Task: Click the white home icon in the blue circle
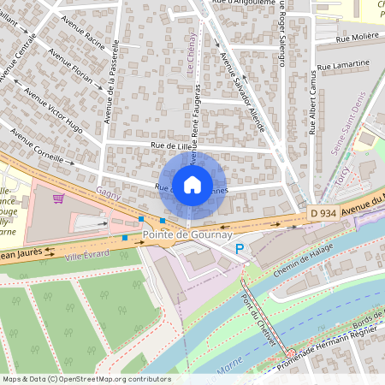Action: tap(192, 184)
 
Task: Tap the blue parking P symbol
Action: tap(240, 249)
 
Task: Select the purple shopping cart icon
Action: tap(58, 198)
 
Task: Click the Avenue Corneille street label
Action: tap(37, 145)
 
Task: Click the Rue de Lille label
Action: tap(169, 146)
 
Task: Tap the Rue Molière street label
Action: tap(358, 38)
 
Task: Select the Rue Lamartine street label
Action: tap(343, 64)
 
